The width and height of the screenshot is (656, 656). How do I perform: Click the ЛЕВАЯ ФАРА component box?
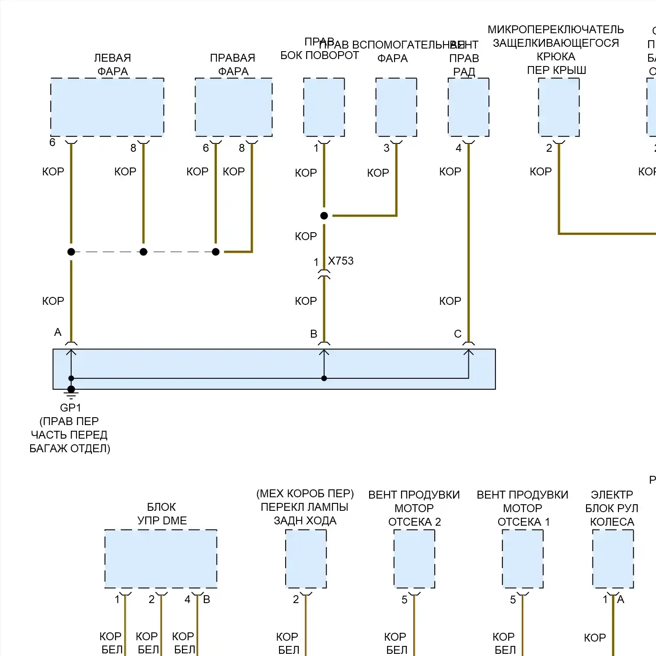[107, 107]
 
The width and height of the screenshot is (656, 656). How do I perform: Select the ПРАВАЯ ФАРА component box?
[234, 107]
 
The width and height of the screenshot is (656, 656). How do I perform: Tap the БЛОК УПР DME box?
[161, 558]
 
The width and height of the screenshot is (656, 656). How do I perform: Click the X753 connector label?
[341, 261]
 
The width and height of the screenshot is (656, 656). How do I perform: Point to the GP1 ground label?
[70, 408]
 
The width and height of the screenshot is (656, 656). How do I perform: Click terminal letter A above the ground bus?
[58, 332]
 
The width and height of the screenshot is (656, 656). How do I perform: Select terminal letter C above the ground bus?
[458, 334]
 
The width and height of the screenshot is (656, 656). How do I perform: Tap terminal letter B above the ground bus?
[314, 334]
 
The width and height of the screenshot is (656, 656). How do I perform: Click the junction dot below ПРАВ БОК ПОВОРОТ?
[324, 216]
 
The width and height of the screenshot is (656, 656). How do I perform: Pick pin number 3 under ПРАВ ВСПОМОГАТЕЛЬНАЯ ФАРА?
[387, 148]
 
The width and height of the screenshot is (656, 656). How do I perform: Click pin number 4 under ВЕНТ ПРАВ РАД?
[459, 148]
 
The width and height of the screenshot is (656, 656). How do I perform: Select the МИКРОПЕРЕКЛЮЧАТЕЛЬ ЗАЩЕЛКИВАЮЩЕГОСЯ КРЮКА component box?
[559, 107]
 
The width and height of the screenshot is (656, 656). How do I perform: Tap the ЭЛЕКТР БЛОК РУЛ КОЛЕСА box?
[613, 558]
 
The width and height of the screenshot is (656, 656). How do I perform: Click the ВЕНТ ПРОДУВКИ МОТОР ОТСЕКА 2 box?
[415, 558]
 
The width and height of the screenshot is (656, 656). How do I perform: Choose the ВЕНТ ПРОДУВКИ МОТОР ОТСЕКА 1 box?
[523, 558]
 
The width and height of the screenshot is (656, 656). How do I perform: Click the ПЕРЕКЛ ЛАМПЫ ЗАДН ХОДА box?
[306, 558]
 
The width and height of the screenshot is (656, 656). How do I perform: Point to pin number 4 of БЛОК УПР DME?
[188, 600]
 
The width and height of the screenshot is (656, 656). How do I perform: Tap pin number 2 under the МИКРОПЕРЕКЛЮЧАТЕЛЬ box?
[549, 148]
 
